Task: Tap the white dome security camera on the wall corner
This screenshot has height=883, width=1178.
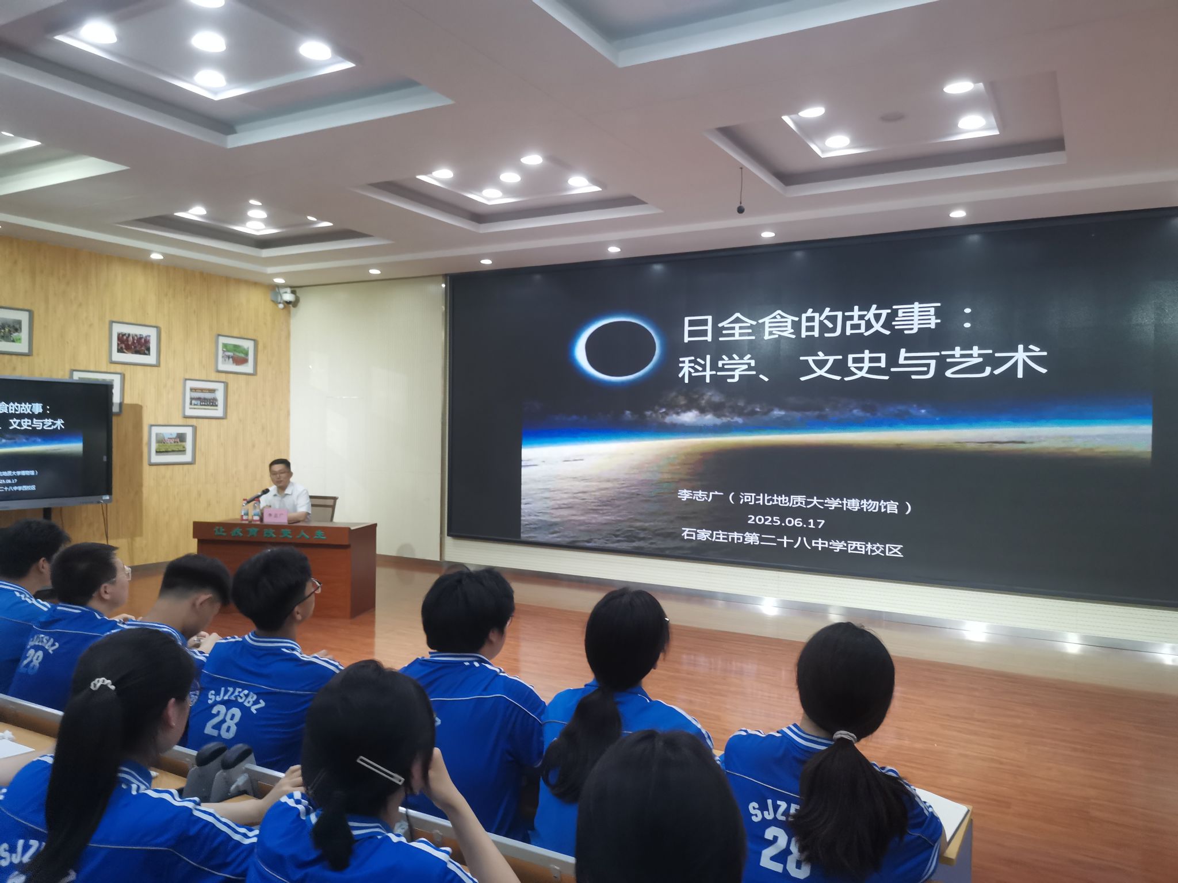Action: (285, 297)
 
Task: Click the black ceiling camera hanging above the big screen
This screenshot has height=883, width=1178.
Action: (741, 208)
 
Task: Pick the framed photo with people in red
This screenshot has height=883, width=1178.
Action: (134, 343)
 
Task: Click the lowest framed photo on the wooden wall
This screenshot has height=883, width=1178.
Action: (172, 444)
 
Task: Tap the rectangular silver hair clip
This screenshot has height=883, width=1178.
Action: (380, 770)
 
